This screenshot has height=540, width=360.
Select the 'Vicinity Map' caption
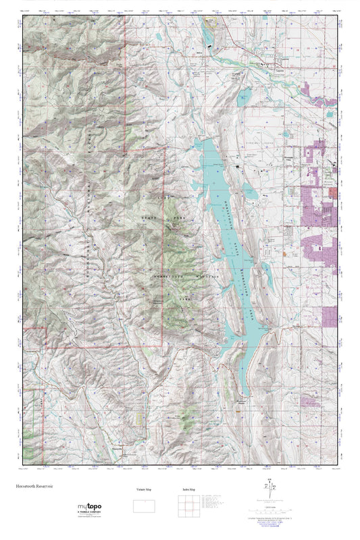142,489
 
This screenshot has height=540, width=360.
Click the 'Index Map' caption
188,489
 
